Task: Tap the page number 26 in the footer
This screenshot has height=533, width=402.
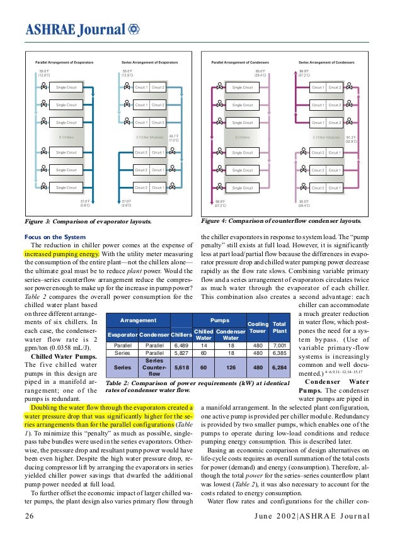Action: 29,517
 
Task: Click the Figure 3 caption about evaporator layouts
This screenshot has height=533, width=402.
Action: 88,222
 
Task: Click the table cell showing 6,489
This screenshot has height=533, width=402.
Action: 181,345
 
